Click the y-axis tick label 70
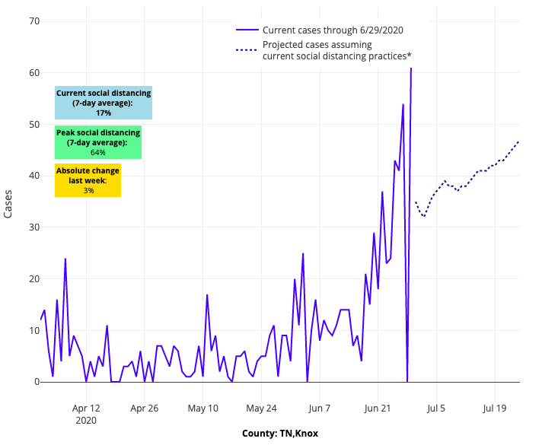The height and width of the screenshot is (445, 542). [x=33, y=21]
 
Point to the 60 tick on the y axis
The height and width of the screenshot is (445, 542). [x=33, y=72]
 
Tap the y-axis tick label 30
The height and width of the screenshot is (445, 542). [x=33, y=227]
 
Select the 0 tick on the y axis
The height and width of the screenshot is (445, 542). [x=36, y=382]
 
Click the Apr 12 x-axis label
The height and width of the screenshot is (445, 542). [x=86, y=408]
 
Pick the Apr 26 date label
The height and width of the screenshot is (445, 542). [x=144, y=408]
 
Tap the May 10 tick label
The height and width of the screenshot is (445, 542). [x=202, y=408]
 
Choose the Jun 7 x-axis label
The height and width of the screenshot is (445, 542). [x=319, y=408]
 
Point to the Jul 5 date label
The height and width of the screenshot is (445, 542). [x=436, y=408]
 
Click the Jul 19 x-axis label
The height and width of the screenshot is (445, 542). [x=495, y=408]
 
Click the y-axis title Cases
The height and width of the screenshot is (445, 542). [x=8, y=204]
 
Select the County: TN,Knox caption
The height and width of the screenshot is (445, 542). [x=280, y=434]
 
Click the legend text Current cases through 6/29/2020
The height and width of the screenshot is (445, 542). [x=333, y=30]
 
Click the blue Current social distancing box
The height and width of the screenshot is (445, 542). [x=104, y=103]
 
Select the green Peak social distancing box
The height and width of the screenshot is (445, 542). [x=98, y=142]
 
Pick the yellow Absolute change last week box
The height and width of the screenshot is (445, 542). [x=88, y=180]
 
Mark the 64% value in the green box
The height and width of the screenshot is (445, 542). [x=97, y=152]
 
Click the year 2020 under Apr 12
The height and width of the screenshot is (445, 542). [x=86, y=420]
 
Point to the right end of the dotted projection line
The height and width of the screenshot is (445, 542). [x=519, y=141]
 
